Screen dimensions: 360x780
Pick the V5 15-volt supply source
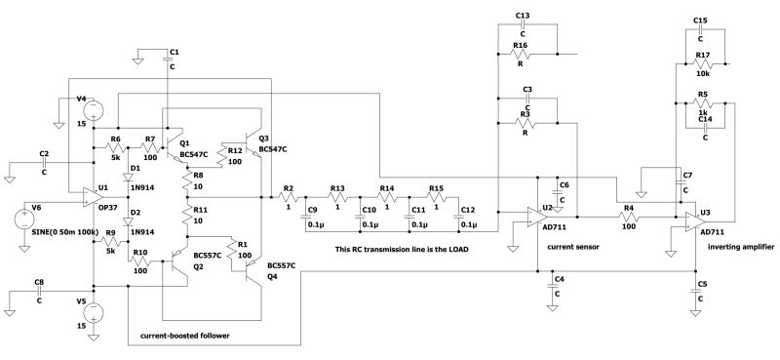[x=95, y=315]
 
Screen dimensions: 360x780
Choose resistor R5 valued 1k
[x=704, y=105]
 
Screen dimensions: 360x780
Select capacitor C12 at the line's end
[x=458, y=217]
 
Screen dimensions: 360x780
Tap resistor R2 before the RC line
[x=288, y=198]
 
